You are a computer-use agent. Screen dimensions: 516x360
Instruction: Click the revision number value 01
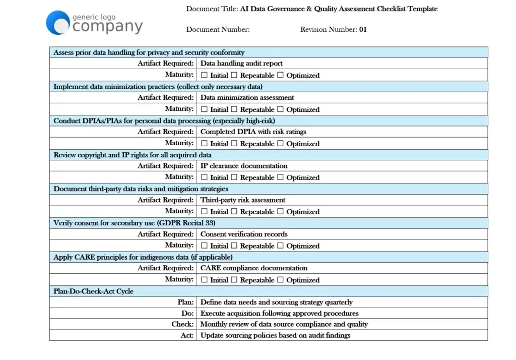(x=363, y=29)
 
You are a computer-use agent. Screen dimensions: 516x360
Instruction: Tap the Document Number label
(x=218, y=29)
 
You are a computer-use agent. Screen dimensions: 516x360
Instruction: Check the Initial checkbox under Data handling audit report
(x=204, y=75)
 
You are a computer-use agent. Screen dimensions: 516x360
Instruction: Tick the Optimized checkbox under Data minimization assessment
(x=280, y=109)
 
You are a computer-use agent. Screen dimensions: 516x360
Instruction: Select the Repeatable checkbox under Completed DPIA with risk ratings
(x=234, y=143)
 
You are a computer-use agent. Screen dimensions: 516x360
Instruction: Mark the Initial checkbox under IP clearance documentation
(x=204, y=177)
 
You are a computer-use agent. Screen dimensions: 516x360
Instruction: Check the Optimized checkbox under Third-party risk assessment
(x=280, y=211)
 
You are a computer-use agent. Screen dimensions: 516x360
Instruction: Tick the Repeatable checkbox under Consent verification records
(x=234, y=246)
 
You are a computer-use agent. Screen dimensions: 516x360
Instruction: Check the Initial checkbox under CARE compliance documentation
(x=204, y=279)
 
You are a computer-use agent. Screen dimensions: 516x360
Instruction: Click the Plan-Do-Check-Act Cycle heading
(x=93, y=291)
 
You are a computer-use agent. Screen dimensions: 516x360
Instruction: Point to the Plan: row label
(x=185, y=302)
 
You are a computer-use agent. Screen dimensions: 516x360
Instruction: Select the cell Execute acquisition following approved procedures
(x=279, y=313)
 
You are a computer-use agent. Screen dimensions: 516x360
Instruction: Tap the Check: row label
(x=182, y=324)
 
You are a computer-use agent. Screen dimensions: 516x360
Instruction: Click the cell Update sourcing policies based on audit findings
(x=275, y=335)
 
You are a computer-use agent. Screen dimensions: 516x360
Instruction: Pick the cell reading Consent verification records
(x=244, y=234)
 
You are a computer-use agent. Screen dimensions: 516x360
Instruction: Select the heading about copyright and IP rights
(x=133, y=155)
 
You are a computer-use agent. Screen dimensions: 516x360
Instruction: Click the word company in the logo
(x=107, y=27)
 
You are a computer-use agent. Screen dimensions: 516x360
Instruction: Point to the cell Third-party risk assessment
(x=243, y=200)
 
